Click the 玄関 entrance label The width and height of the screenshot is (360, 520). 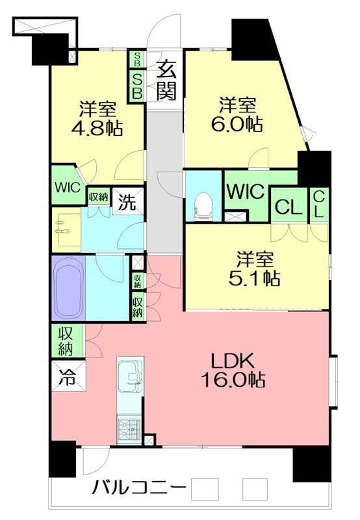tap(166, 80)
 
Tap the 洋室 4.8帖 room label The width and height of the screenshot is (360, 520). tap(97, 119)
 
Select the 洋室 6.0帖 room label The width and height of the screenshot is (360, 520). tap(237, 115)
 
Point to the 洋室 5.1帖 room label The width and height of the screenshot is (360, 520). tap(255, 268)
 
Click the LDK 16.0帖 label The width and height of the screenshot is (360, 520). tap(233, 370)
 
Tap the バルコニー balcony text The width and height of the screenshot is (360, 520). tap(138, 487)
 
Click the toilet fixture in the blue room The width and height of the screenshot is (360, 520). tap(203, 207)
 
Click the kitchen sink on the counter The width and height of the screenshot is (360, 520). tap(131, 374)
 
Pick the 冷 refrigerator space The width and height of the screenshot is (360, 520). tap(69, 376)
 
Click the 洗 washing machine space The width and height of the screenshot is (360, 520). tap(127, 201)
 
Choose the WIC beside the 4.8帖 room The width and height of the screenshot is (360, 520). tap(68, 188)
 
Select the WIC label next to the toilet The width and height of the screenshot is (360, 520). tap(246, 191)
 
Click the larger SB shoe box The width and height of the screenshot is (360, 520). tap(137, 86)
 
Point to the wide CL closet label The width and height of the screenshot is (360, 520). tap(289, 207)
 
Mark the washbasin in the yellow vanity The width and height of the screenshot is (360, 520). tap(64, 229)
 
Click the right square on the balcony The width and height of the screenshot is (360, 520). tap(255, 489)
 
